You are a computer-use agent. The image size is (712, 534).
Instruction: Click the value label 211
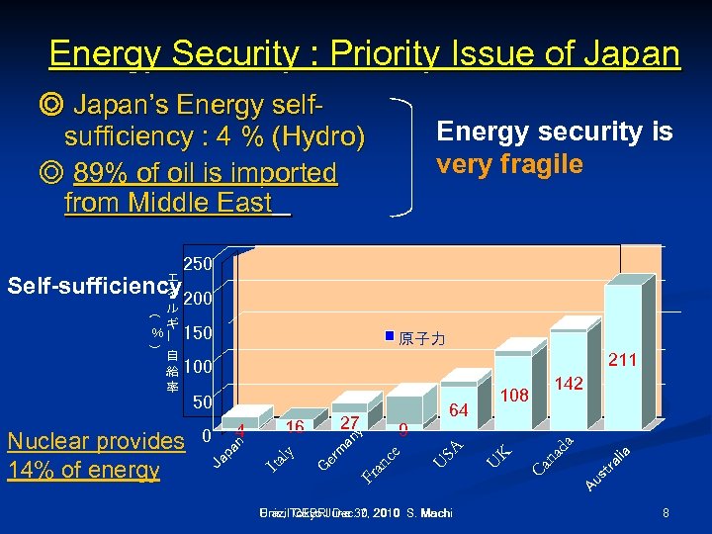623,362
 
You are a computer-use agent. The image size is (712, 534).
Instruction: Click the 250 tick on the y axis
198,264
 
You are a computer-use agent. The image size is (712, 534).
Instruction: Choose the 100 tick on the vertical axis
198,367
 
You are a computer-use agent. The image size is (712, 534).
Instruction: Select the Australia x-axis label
607,469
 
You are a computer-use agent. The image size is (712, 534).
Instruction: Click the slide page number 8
667,513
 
